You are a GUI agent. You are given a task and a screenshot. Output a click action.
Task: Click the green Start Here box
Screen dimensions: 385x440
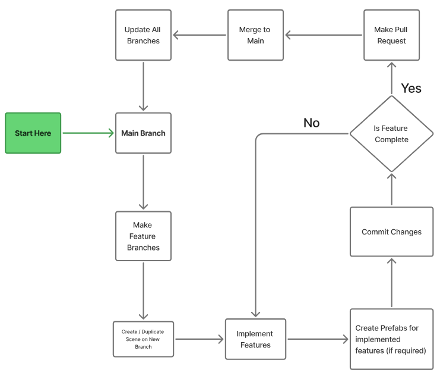pos(33,133)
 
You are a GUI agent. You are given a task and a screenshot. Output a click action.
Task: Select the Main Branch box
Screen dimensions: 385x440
pos(143,133)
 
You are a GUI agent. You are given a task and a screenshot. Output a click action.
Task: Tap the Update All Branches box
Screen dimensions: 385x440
pos(143,35)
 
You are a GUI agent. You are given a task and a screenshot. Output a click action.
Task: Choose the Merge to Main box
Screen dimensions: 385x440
pos(255,35)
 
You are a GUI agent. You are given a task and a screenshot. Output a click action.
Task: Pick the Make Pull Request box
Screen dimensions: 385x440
pos(391,35)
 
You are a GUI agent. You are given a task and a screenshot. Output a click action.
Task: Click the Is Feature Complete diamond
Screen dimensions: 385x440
pos(391,134)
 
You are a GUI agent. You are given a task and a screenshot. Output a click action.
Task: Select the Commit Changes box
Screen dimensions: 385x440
pos(391,232)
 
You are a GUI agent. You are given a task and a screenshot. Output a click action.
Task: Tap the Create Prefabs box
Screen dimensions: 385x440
pos(391,339)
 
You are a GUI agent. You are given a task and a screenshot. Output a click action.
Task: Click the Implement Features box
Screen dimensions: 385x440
pos(255,339)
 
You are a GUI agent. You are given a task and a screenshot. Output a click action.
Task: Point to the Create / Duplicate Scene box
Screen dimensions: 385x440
pos(143,339)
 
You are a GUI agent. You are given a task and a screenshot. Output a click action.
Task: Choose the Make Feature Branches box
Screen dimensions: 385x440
pos(143,236)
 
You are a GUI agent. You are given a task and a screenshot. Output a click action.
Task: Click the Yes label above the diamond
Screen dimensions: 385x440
pos(411,89)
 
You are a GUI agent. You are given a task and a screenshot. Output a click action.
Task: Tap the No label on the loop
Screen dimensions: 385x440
pos(311,123)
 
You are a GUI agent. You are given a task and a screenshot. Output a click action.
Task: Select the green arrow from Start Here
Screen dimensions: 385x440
pos(88,133)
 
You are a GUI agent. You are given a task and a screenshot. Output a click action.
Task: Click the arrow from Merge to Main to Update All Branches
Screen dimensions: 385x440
pos(200,35)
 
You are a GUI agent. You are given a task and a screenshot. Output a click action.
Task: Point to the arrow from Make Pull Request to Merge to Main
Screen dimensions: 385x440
pos(324,35)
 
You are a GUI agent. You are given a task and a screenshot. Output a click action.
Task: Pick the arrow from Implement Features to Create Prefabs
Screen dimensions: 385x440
pos(318,339)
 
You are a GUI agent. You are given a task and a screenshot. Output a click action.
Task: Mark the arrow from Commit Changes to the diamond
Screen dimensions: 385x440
pos(391,189)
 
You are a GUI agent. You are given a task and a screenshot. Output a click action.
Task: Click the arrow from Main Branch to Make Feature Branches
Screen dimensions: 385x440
pos(143,182)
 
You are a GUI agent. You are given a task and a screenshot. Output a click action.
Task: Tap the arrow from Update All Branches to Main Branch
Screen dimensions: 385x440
pos(143,86)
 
